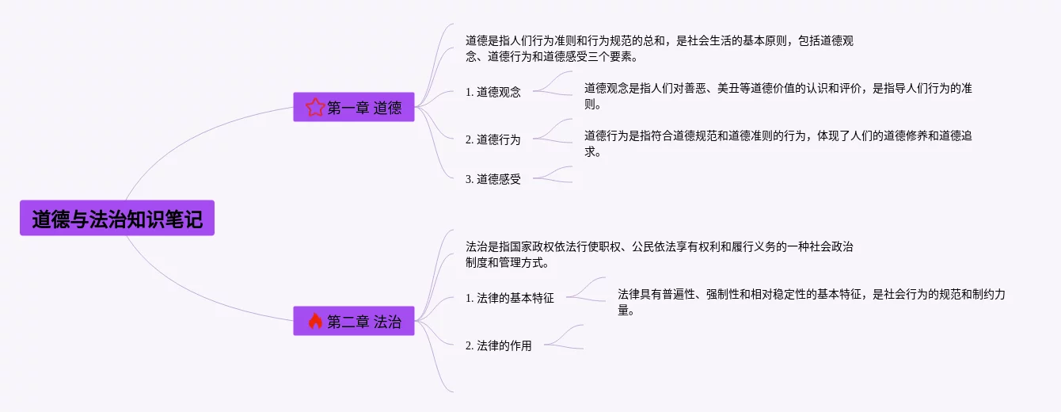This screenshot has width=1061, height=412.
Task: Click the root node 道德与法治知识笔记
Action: (117, 219)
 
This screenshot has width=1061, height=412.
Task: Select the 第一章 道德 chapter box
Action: (354, 108)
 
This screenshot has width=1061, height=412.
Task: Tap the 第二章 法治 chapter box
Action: (354, 321)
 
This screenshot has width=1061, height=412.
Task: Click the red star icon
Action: (315, 108)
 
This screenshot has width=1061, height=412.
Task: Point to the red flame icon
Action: (315, 321)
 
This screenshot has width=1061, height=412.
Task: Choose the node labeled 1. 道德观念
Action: (493, 92)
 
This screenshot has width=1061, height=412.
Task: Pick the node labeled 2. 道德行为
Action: (493, 139)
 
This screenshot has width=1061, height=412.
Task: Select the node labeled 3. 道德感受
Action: (493, 179)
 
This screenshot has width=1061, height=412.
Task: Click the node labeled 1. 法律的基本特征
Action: (510, 299)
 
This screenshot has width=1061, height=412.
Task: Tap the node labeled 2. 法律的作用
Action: (499, 345)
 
